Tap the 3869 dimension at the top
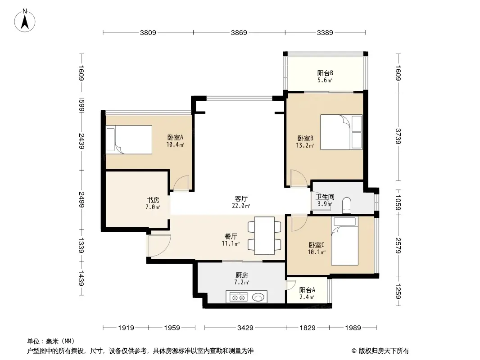click(x=239, y=32)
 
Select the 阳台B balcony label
click(x=325, y=73)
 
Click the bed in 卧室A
click(x=129, y=139)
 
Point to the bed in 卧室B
click(x=341, y=132)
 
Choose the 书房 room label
click(x=153, y=200)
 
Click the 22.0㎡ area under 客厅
click(x=241, y=206)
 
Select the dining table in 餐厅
click(x=264, y=235)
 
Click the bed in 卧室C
click(x=344, y=241)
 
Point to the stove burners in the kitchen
click(x=239, y=297)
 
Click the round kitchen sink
click(x=258, y=297)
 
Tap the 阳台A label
click(x=307, y=290)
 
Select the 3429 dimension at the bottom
click(x=245, y=328)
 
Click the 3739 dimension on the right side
click(x=398, y=136)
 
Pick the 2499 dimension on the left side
click(x=82, y=199)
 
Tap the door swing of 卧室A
click(x=181, y=183)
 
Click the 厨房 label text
click(x=241, y=275)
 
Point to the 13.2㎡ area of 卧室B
click(x=305, y=146)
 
